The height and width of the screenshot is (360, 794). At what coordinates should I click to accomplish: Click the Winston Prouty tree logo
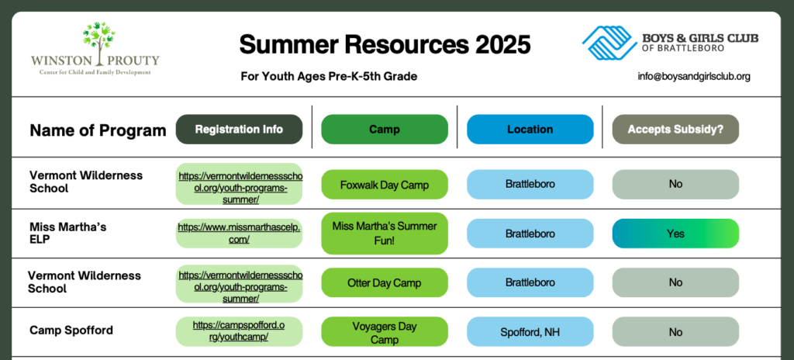[98, 43]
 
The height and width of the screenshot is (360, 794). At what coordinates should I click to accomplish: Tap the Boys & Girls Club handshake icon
[609, 42]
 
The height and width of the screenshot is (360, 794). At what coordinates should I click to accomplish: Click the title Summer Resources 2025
[385, 45]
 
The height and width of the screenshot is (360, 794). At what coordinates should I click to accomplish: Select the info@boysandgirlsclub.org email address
[694, 77]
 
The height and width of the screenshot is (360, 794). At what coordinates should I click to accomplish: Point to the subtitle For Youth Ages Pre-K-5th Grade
[329, 77]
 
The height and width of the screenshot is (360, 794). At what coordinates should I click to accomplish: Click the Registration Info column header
[239, 130]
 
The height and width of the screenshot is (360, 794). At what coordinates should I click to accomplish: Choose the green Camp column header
[385, 130]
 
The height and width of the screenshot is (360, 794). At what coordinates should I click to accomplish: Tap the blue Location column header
[530, 130]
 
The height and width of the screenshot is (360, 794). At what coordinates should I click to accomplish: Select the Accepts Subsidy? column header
[675, 130]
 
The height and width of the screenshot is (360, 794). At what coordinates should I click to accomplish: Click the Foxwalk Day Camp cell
[385, 185]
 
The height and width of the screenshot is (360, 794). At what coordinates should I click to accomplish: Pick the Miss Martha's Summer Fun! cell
[385, 234]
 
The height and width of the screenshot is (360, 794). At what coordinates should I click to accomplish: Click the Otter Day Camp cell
[385, 282]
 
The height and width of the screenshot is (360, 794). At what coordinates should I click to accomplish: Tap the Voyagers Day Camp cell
[385, 332]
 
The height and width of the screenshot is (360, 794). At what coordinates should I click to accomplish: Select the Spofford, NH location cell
[530, 332]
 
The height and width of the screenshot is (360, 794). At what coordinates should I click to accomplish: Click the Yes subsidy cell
[675, 234]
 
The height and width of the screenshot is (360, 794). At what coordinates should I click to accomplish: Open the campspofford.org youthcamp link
[239, 331]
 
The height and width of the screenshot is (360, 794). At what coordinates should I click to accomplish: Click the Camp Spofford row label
[71, 331]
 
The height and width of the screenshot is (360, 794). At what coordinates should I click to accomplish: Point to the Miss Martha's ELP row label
[68, 234]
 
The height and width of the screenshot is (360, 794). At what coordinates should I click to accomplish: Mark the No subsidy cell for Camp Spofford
[675, 332]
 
